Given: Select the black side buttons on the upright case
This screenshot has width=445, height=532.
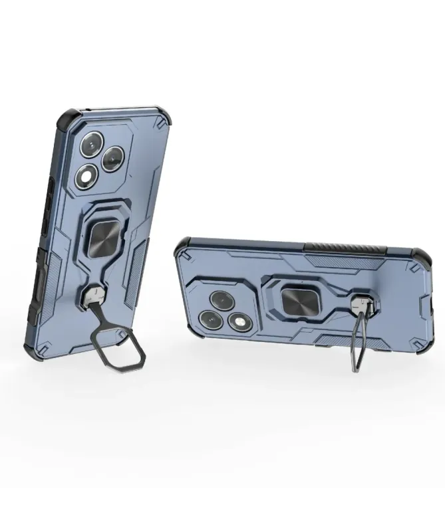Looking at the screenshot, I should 50,199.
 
